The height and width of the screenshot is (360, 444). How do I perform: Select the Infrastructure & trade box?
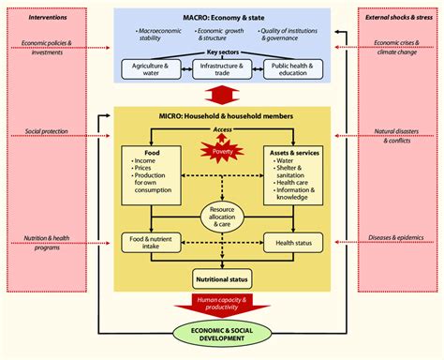click(221, 69)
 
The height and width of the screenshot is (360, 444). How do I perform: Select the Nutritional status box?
click(221, 278)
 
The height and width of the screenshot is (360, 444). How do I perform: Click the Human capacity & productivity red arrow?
click(221, 304)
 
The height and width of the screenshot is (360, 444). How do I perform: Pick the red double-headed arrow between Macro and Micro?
click(221, 96)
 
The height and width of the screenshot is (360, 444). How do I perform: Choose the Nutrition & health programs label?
click(44, 243)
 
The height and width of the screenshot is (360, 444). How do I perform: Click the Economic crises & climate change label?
click(398, 47)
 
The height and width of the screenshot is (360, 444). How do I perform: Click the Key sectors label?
click(221, 54)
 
